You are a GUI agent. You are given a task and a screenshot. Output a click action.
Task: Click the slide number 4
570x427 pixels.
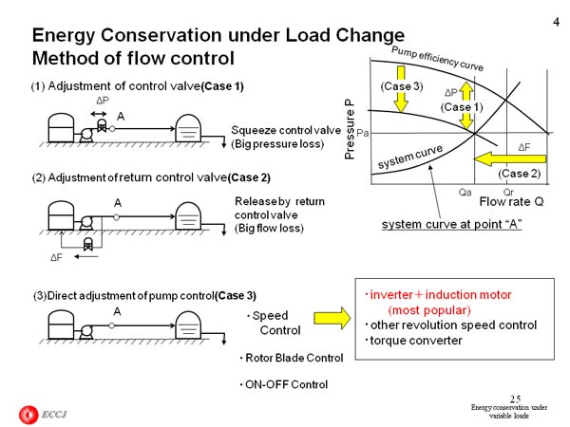[x=554, y=11]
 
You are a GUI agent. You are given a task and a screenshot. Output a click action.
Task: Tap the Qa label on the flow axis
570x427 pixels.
[x=464, y=190]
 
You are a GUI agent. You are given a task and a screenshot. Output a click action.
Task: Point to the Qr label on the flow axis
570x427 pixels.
[x=510, y=190]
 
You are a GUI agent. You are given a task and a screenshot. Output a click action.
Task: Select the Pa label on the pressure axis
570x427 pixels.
[x=363, y=135]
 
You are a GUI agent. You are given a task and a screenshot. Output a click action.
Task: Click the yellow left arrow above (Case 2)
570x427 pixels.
[x=512, y=158]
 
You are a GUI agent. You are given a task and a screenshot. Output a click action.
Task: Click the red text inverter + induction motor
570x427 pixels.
[x=433, y=295]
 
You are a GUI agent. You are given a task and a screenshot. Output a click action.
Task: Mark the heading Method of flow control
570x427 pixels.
[x=133, y=58]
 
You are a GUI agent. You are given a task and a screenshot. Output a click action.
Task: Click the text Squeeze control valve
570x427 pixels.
[x=286, y=129]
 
